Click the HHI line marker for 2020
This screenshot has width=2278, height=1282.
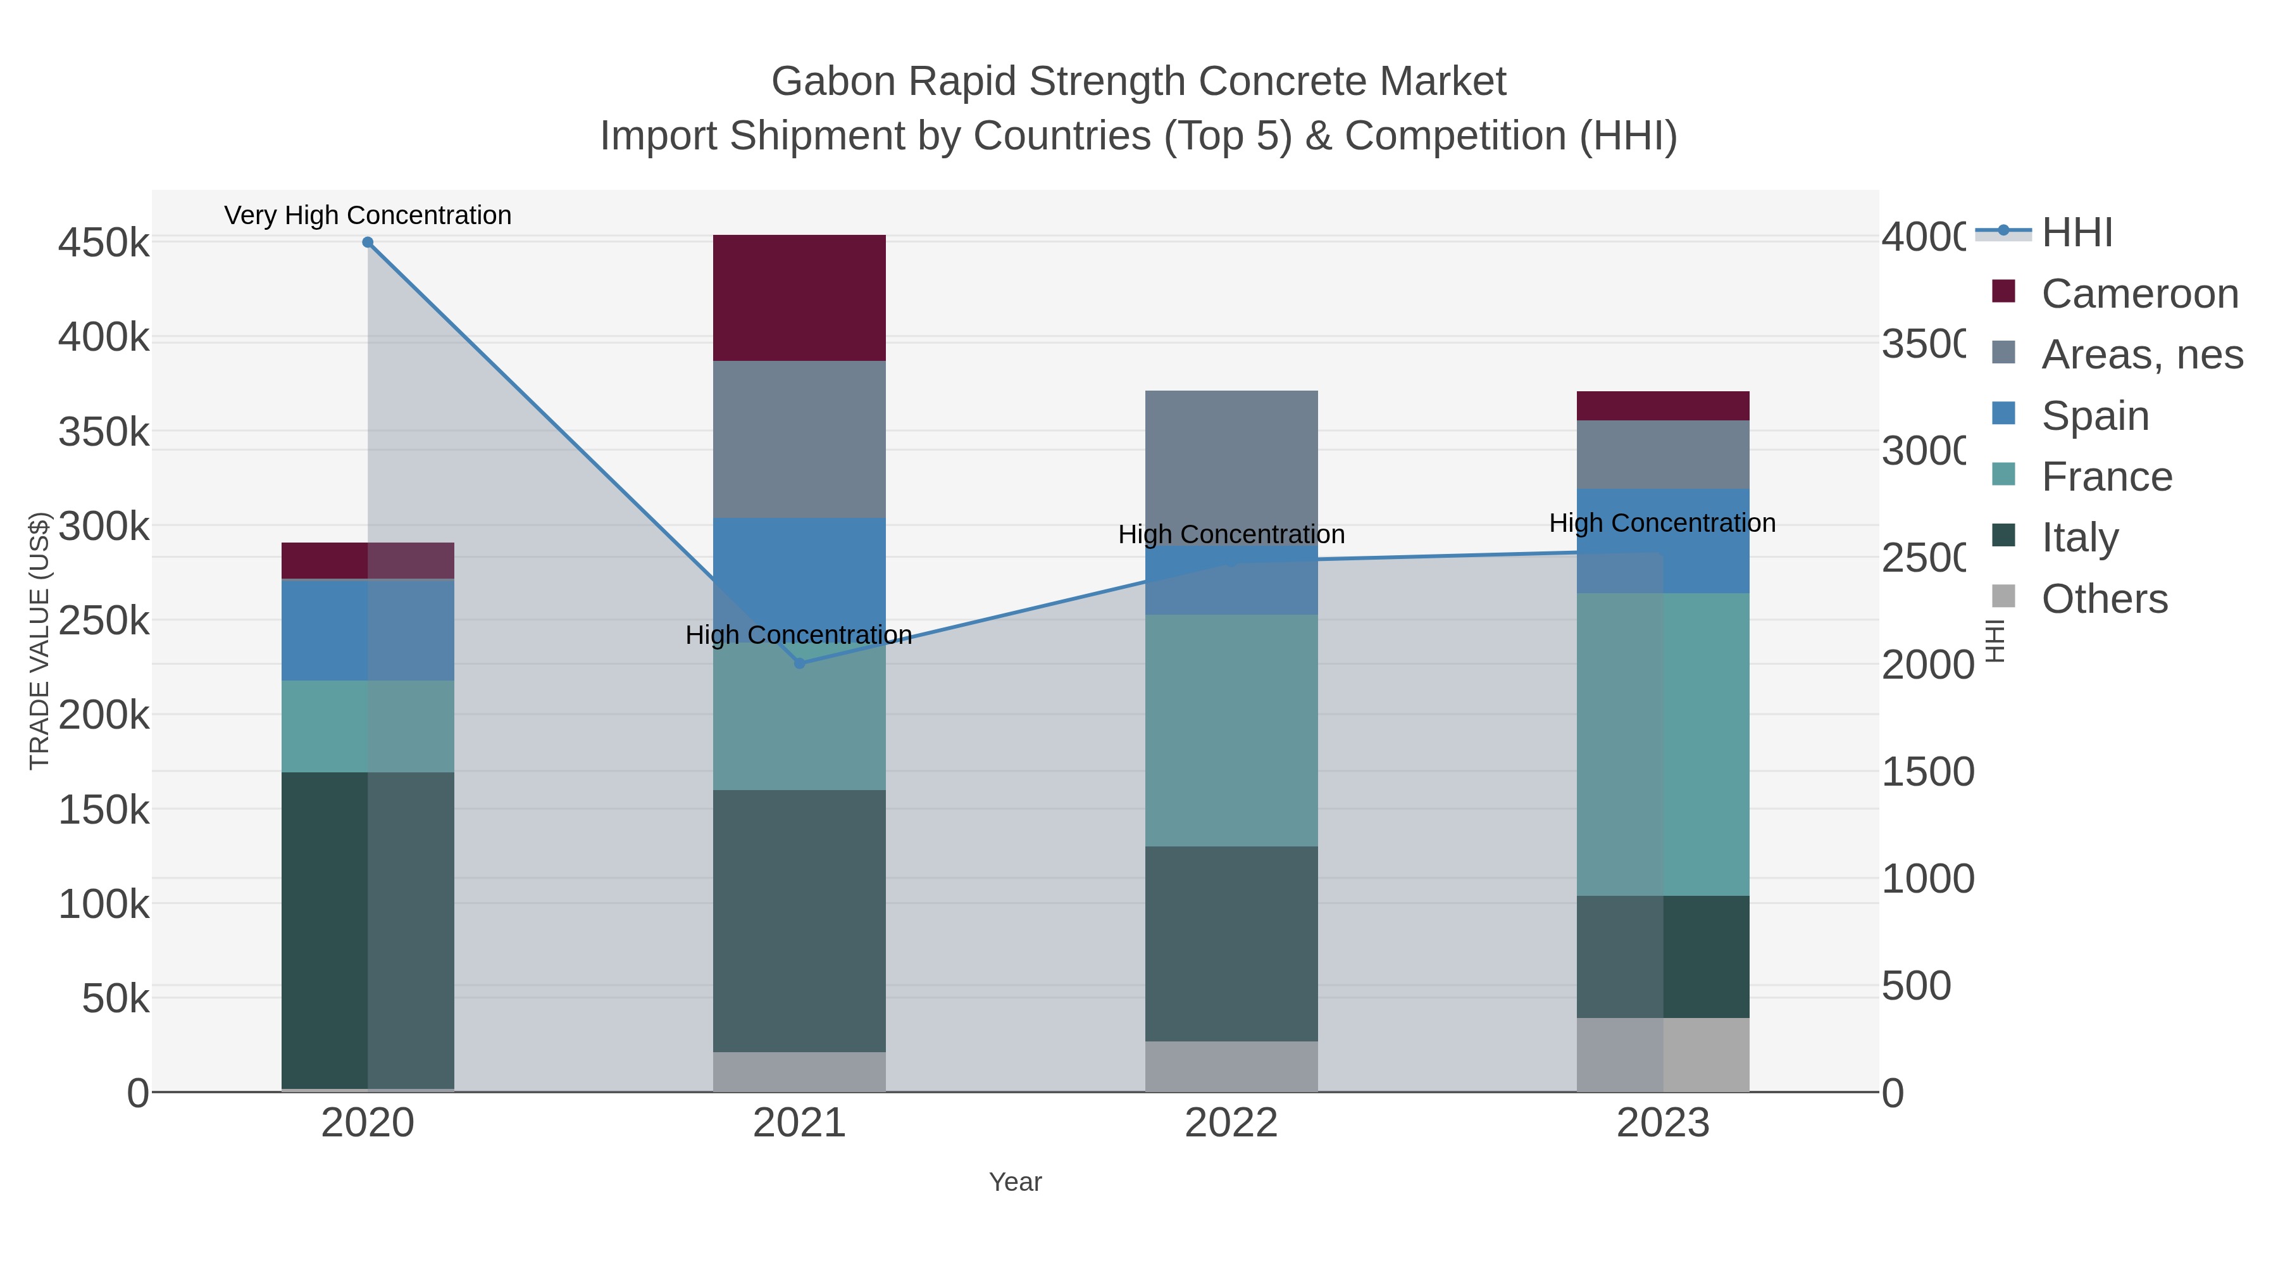pos(368,242)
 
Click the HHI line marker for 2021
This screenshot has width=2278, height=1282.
pos(799,663)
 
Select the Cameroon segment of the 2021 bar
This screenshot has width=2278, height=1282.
pos(799,298)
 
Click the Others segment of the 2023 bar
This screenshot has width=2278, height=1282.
pos(1662,1055)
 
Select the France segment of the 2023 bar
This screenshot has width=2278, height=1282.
pos(1662,743)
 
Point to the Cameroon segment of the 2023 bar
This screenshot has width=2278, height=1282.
pos(1662,405)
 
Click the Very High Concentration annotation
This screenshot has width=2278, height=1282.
pos(368,216)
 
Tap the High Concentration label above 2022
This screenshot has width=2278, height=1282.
pos(1231,534)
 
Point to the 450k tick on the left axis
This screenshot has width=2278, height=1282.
pos(104,242)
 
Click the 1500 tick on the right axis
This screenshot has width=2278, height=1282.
pos(1926,772)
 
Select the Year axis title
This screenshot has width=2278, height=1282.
pos(1015,1182)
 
